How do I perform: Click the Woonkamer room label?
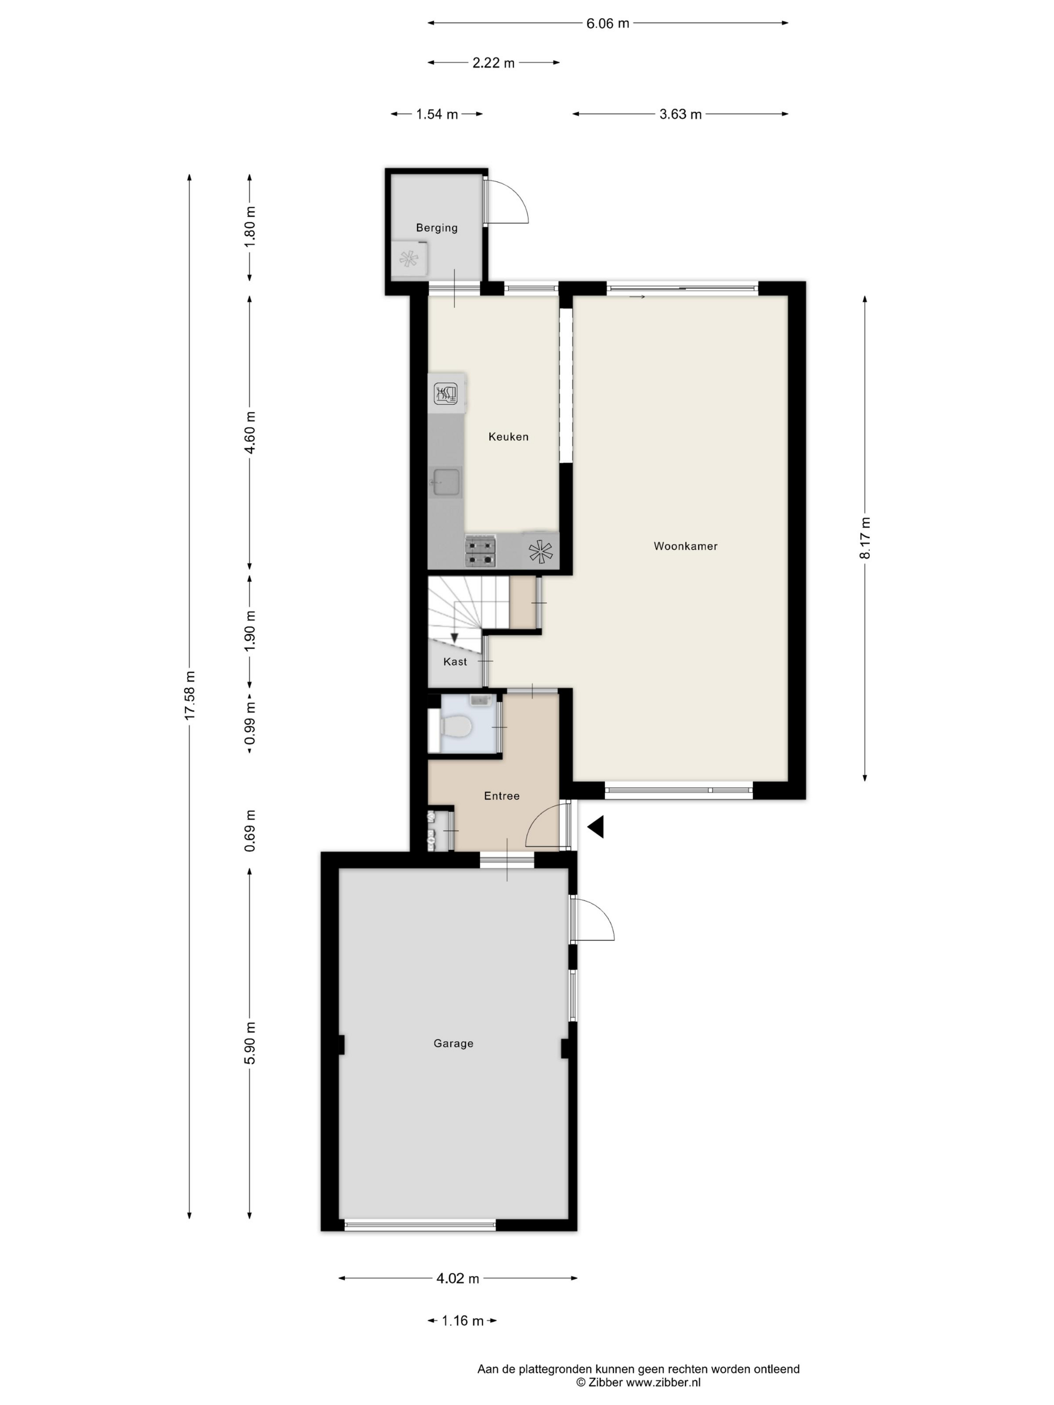tap(685, 545)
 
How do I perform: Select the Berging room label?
tap(437, 227)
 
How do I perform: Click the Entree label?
tap(501, 795)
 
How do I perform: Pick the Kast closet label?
tap(455, 661)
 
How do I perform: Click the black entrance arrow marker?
tap(595, 827)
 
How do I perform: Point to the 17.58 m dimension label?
tap(189, 695)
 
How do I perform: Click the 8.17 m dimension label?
tap(865, 538)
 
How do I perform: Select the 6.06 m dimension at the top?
tap(607, 24)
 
